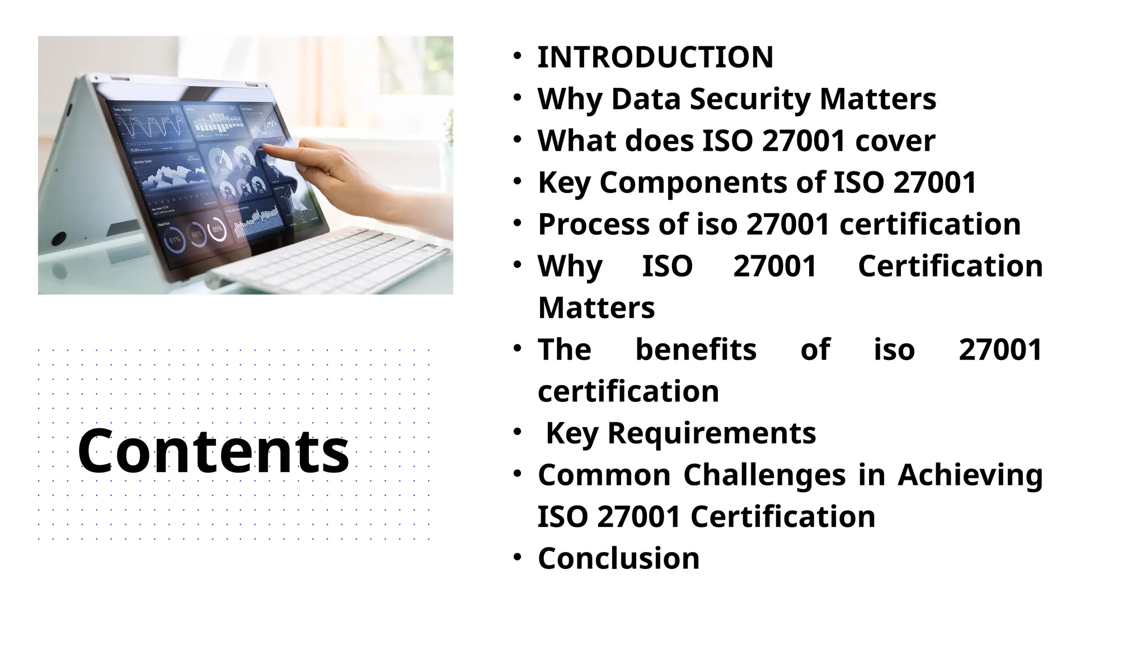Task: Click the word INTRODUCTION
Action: [x=655, y=57]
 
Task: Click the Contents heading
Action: [x=213, y=451]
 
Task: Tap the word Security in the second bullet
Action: [x=750, y=99]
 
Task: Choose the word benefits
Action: [x=696, y=349]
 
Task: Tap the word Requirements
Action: [x=711, y=433]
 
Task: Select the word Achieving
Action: [x=970, y=475]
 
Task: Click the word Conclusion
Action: [x=618, y=558]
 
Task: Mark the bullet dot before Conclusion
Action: [x=518, y=557]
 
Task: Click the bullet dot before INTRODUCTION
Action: [x=518, y=56]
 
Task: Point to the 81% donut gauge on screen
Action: [x=175, y=240]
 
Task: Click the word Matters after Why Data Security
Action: [x=877, y=99]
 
